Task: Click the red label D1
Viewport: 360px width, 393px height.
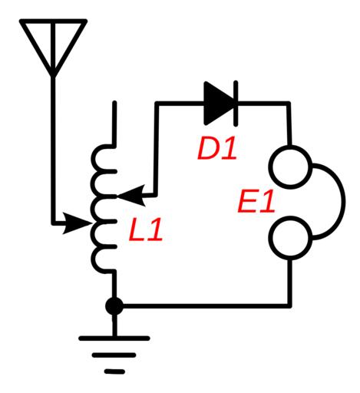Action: (x=217, y=150)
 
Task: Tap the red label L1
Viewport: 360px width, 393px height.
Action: (x=146, y=230)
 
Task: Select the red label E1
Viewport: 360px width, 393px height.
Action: (x=256, y=201)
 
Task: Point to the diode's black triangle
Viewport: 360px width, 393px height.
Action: (x=220, y=103)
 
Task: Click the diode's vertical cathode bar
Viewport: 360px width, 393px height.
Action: (x=236, y=104)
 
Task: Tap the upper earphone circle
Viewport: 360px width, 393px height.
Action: (x=290, y=167)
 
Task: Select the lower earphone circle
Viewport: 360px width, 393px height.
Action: (x=290, y=238)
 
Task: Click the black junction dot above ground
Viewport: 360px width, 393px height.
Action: (x=114, y=306)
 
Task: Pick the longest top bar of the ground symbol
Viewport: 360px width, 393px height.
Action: (x=114, y=339)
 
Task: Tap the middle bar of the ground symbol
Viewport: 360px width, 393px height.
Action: (x=114, y=355)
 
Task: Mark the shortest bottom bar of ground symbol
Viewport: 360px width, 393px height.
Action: (x=114, y=372)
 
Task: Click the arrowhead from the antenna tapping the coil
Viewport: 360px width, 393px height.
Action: (x=77, y=223)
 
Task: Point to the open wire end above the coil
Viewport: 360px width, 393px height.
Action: (x=114, y=102)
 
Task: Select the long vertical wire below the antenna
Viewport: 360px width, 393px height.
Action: (x=53, y=150)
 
